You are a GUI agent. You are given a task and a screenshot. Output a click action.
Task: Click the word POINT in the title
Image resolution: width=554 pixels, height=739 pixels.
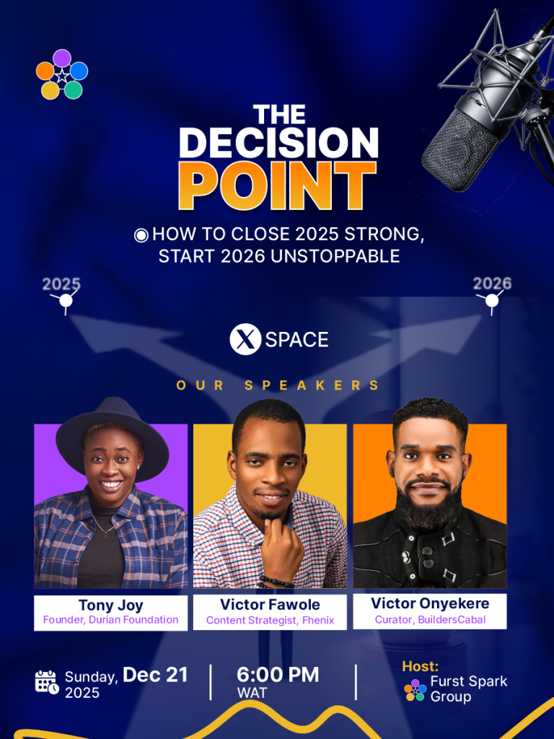(x=278, y=185)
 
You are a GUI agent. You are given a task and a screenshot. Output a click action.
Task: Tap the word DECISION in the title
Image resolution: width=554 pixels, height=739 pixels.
(x=278, y=142)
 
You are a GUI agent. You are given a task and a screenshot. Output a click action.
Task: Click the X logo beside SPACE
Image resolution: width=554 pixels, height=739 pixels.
(x=245, y=339)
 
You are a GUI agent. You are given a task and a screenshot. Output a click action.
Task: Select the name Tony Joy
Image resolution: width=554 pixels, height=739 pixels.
(x=110, y=605)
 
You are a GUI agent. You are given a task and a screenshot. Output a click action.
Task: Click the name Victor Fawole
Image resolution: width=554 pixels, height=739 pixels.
(x=270, y=604)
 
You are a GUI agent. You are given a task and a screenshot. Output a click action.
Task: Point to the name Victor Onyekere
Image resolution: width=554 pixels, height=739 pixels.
(x=430, y=603)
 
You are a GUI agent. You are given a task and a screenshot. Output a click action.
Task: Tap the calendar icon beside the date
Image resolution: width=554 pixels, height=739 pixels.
(x=47, y=682)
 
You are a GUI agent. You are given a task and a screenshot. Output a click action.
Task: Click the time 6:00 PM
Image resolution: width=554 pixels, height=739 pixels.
(x=278, y=675)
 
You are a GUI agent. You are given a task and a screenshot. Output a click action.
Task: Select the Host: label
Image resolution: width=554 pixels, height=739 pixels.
(x=421, y=666)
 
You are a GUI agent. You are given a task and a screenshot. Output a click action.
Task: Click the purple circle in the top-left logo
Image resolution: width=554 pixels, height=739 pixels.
(x=62, y=58)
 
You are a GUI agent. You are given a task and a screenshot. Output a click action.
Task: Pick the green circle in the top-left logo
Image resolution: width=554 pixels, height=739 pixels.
(x=73, y=89)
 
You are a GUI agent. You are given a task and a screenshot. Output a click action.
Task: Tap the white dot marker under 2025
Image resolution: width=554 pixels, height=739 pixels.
(x=66, y=300)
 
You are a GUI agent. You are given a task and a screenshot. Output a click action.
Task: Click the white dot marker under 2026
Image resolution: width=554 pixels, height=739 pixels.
(x=492, y=300)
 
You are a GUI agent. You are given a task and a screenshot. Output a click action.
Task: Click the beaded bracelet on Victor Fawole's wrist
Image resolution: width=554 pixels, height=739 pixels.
(x=276, y=582)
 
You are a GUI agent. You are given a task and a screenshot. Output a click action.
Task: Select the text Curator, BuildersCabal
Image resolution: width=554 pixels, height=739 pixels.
(x=430, y=619)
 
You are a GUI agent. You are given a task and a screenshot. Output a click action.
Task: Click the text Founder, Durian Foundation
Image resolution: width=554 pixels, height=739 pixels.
(x=110, y=619)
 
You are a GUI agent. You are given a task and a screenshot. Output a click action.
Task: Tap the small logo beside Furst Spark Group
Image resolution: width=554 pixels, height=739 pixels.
(x=415, y=690)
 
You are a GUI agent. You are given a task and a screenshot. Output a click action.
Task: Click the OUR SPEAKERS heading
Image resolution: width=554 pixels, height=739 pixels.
(x=278, y=385)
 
